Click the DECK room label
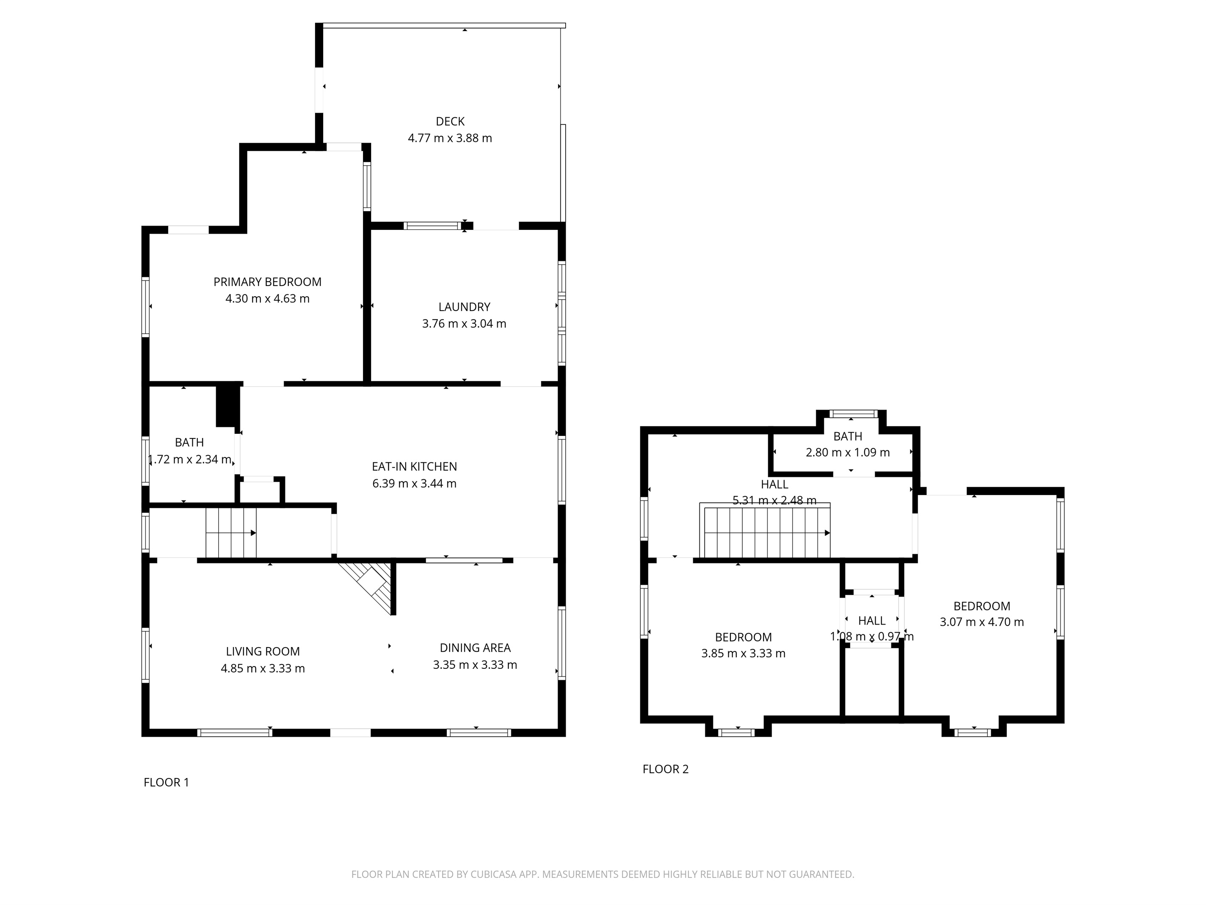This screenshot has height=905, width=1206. click(450, 121)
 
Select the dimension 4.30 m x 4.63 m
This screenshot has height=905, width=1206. click(267, 298)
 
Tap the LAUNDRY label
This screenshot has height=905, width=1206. click(464, 307)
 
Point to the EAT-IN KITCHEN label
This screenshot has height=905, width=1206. click(414, 467)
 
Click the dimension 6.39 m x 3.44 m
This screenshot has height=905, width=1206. click(414, 484)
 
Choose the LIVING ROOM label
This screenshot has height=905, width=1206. click(263, 651)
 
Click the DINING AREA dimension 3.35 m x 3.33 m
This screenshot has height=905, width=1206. click(475, 665)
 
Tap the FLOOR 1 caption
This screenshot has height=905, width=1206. click(166, 782)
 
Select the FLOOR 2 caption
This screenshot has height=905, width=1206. click(665, 769)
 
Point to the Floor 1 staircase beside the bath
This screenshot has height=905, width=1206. click(231, 532)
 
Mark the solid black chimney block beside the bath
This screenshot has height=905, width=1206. click(228, 406)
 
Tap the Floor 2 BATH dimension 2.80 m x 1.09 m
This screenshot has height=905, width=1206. click(847, 452)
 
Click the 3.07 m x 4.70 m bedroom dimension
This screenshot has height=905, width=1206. click(981, 622)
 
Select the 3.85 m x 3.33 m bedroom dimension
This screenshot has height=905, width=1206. click(743, 653)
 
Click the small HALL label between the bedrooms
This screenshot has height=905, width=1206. click(871, 620)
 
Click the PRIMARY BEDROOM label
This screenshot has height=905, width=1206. click(267, 281)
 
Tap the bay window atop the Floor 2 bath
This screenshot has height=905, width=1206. click(851, 413)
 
